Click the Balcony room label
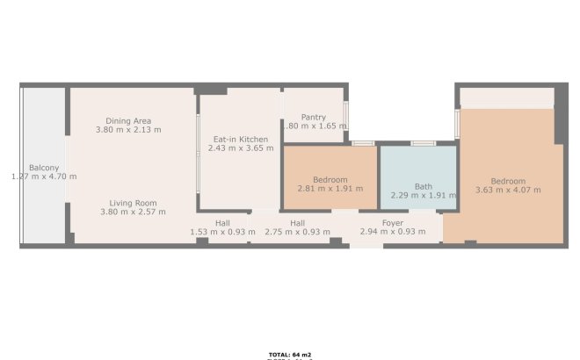click(44, 167)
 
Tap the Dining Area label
click(128, 120)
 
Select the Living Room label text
click(128, 202)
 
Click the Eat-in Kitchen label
click(241, 140)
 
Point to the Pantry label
click(314, 117)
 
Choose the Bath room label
click(424, 185)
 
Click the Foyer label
click(393, 222)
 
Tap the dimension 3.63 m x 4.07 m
click(508, 189)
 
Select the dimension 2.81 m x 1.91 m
click(330, 189)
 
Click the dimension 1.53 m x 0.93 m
click(223, 232)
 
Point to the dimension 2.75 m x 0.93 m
click(297, 232)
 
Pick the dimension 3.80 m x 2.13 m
click(128, 130)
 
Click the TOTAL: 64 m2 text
click(290, 355)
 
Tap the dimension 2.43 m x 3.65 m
click(241, 149)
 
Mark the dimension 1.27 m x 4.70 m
click(44, 176)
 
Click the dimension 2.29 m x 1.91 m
click(424, 195)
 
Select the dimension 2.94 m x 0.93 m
click(393, 232)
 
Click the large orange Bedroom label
click(508, 179)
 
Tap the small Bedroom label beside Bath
click(330, 179)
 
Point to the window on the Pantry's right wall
click(346, 115)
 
